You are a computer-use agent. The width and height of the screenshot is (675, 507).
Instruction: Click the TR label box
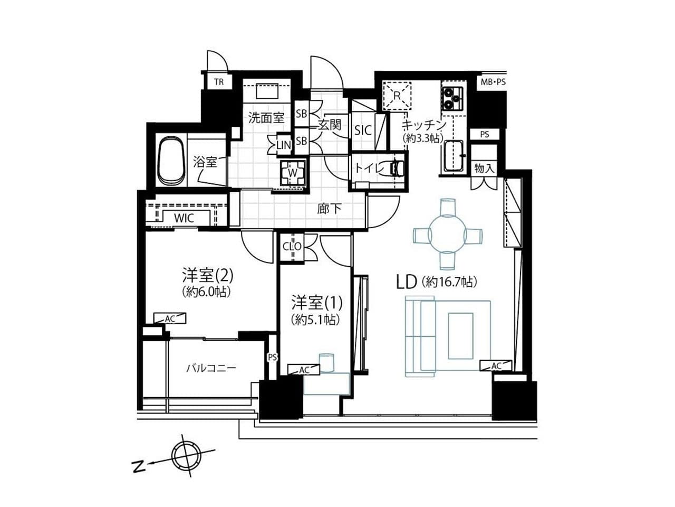tap(219, 82)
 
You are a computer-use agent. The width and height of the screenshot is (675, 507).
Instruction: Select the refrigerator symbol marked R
tap(397, 96)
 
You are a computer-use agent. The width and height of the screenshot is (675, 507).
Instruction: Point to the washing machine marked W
tap(293, 173)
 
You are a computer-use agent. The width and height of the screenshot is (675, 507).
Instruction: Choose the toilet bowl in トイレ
tap(397, 168)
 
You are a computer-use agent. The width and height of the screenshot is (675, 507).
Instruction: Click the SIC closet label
tap(363, 130)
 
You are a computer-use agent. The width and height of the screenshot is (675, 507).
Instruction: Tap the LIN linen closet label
tap(284, 145)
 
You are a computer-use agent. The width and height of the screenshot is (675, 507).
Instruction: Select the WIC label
tap(184, 218)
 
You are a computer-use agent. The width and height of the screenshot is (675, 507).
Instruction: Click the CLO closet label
tap(292, 247)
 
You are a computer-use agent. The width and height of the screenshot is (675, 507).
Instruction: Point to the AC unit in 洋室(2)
tap(170, 318)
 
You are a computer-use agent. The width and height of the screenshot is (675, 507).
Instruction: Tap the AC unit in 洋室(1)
tap(304, 370)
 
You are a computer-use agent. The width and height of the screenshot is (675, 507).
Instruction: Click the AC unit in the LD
tap(496, 365)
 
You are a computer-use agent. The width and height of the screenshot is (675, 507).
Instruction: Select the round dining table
tap(447, 235)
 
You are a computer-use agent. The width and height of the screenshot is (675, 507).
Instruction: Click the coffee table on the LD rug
tap(460, 336)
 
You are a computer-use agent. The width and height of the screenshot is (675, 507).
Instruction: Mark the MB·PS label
tap(493, 82)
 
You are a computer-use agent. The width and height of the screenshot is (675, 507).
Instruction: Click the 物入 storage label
tap(484, 168)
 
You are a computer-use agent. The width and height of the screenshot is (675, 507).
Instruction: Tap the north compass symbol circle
tap(186, 456)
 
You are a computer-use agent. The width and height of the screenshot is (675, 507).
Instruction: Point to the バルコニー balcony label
tap(211, 368)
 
